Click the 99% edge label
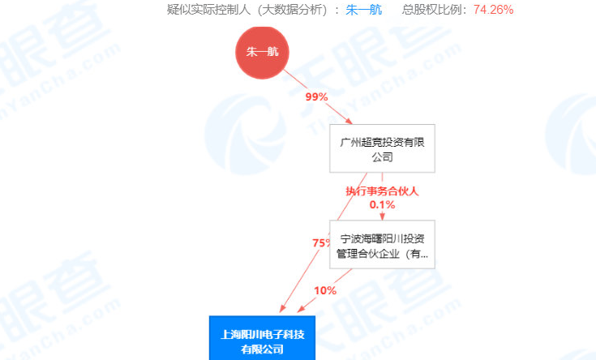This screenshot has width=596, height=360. tap(315, 97)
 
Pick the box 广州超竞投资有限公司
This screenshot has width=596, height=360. tap(382, 148)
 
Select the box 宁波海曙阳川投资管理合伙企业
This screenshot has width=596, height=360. tap(382, 245)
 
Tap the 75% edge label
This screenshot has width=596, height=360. tap(322, 242)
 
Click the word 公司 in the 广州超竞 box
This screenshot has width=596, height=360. tap(382, 156)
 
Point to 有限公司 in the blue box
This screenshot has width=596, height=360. tap(261, 349)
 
